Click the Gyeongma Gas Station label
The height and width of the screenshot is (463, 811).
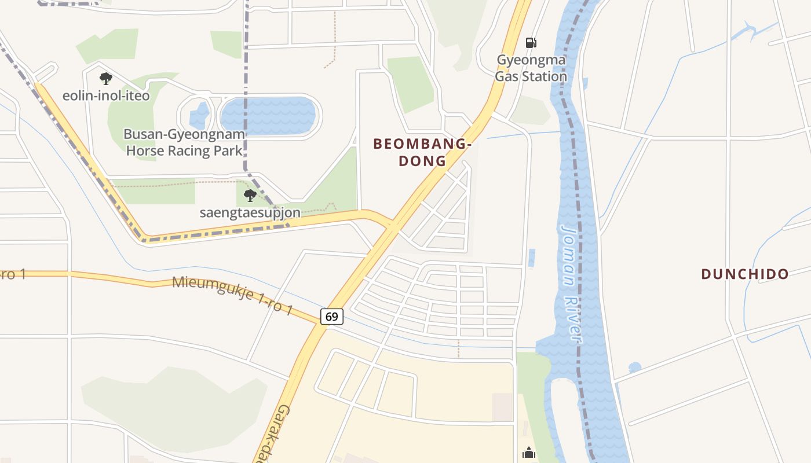(x=531, y=68)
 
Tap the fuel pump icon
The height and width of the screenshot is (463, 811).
(x=531, y=43)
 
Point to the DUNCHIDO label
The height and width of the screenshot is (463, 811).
(x=745, y=274)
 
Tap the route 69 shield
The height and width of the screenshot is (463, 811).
(x=331, y=317)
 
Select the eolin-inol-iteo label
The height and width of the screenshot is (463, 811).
(x=106, y=95)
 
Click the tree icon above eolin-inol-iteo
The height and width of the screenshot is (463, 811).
(x=105, y=78)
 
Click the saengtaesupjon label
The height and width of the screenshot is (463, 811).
(x=250, y=212)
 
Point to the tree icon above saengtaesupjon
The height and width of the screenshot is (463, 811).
(x=250, y=196)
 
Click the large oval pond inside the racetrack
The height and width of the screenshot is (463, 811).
(x=269, y=116)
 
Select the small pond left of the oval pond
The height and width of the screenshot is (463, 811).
(x=199, y=116)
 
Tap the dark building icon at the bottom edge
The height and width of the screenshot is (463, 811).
(x=529, y=453)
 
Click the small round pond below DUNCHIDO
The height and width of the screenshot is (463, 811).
(x=635, y=367)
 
